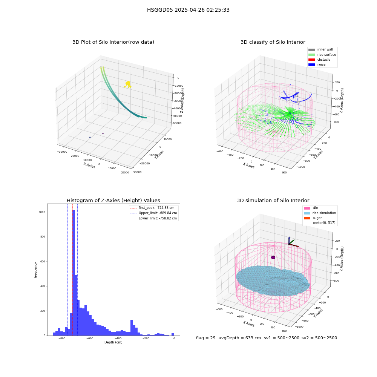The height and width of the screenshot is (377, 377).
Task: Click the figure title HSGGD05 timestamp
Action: coord(188,10)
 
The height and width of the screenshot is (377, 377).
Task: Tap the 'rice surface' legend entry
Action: coord(322,55)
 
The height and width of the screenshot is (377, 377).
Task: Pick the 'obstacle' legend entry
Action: coord(319,60)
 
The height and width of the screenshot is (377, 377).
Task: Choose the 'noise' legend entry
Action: coord(317,64)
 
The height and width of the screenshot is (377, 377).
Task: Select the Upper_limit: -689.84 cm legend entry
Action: coord(153,213)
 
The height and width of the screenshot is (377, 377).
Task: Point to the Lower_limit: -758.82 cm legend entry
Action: coord(153,218)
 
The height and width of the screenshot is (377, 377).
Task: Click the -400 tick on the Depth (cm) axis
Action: coord(118,338)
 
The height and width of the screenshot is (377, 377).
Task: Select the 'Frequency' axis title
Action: coord(35,270)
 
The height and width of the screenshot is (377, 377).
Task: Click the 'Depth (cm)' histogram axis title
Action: coord(113,342)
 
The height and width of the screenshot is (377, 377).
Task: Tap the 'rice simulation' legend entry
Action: coord(320,213)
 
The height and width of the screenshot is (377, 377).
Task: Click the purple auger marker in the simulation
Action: coord(273,257)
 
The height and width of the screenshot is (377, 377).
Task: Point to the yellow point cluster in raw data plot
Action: coord(128,84)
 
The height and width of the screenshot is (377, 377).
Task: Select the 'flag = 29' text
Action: coord(205,338)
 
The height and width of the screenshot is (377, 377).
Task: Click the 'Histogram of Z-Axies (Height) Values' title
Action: coord(113,201)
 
